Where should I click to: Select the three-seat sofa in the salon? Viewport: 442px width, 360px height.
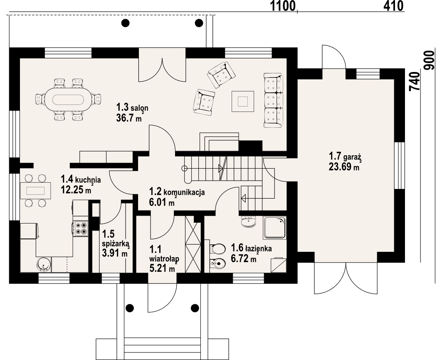273,100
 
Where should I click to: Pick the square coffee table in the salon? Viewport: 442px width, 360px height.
243,101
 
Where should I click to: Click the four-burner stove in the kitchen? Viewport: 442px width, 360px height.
81,228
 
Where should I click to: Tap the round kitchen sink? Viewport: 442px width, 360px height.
43,264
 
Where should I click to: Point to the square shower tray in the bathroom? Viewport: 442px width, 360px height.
275,227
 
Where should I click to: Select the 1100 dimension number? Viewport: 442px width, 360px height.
283,6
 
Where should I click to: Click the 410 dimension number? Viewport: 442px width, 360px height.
393,6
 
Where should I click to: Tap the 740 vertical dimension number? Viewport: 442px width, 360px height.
415,82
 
